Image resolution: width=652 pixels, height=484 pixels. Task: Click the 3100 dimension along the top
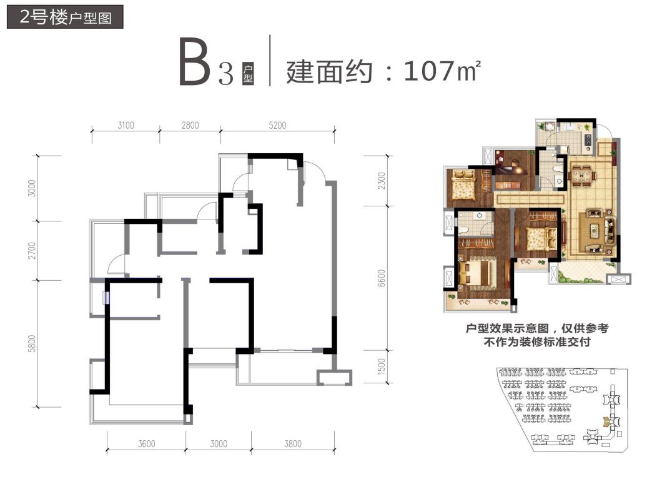(x=126, y=125)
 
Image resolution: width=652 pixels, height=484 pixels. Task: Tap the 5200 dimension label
(x=278, y=125)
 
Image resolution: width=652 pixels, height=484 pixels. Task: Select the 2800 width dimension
(x=190, y=125)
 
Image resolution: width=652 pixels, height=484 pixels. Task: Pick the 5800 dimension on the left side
(x=32, y=343)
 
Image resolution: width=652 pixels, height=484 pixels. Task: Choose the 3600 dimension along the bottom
(x=146, y=444)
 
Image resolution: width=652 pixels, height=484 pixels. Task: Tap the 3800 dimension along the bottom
(x=292, y=444)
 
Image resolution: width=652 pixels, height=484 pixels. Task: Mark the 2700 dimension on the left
(x=32, y=250)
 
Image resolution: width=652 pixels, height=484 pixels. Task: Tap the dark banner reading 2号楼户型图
(x=65, y=17)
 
